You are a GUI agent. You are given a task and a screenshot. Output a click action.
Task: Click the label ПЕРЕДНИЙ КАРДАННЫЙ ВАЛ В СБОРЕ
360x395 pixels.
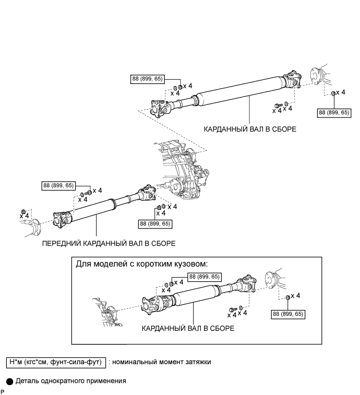[109, 243]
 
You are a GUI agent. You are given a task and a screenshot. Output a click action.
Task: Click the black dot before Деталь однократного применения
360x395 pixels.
[9, 381]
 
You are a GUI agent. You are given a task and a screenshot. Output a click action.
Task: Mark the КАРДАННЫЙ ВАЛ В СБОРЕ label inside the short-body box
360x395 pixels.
[188, 329]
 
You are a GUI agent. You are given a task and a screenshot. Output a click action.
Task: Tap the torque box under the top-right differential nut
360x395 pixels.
[333, 112]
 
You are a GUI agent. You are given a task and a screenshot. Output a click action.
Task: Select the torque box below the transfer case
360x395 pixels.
[155, 223]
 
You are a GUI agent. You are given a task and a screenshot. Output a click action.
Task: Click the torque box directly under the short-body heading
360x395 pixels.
[205, 277]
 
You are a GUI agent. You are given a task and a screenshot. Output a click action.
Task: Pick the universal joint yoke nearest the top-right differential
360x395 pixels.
[292, 79]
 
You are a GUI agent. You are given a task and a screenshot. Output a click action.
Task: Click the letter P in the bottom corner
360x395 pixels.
[3, 391]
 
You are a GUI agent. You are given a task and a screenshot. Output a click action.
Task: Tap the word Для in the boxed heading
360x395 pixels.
[83, 264]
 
